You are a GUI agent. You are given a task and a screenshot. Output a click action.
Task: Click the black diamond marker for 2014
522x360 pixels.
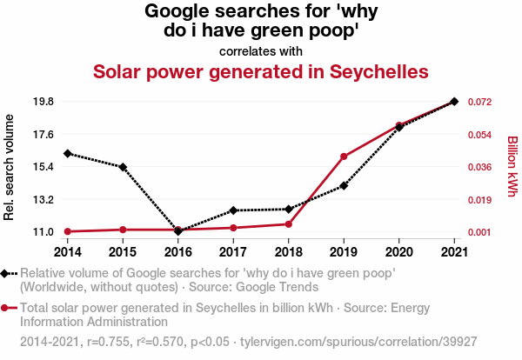pos(68,153)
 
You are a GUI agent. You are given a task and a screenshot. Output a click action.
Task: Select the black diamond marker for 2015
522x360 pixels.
pos(123,167)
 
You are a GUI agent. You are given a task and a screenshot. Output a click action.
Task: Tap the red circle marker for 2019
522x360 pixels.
pos(344,157)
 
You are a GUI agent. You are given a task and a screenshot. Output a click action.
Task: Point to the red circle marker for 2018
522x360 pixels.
pos(289,224)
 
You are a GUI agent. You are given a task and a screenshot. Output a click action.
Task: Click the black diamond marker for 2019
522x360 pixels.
pos(344,185)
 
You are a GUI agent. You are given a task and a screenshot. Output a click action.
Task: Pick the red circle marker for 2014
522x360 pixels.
pos(68,231)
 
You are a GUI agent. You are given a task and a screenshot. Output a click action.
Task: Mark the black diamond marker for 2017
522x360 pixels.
pos(233,210)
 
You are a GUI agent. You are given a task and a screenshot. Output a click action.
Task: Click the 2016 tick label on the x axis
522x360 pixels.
pos(178,251)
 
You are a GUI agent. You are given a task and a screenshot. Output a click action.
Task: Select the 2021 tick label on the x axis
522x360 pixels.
pos(454,251)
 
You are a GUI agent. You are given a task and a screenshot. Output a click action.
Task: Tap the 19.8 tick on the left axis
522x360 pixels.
pos(42,102)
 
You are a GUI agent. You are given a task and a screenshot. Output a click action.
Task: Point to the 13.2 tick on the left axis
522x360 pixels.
pos(42,199)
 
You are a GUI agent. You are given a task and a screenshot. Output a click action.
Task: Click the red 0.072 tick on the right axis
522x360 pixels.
pos(480,102)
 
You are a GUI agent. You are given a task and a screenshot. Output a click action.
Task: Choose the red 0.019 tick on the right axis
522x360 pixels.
pos(480,199)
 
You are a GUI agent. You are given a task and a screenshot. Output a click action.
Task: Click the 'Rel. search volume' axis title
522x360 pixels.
pos(10,166)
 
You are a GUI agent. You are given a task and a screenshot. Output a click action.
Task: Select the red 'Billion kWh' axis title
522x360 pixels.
pos(512,166)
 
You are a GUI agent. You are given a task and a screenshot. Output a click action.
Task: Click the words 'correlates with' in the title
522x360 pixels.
pos(260,50)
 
